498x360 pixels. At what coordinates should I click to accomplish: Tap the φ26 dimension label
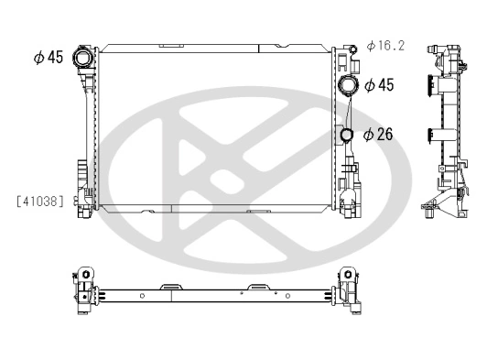(378, 134)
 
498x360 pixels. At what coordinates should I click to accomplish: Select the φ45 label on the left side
(48, 58)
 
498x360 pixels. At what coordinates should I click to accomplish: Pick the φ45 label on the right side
(379, 86)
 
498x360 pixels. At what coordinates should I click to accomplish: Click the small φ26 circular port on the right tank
(348, 136)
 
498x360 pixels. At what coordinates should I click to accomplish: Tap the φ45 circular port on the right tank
(349, 87)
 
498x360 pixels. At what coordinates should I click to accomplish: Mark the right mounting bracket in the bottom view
(350, 289)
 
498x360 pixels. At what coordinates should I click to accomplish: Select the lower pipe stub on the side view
(430, 136)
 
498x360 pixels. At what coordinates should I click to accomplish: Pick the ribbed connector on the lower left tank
(81, 171)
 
